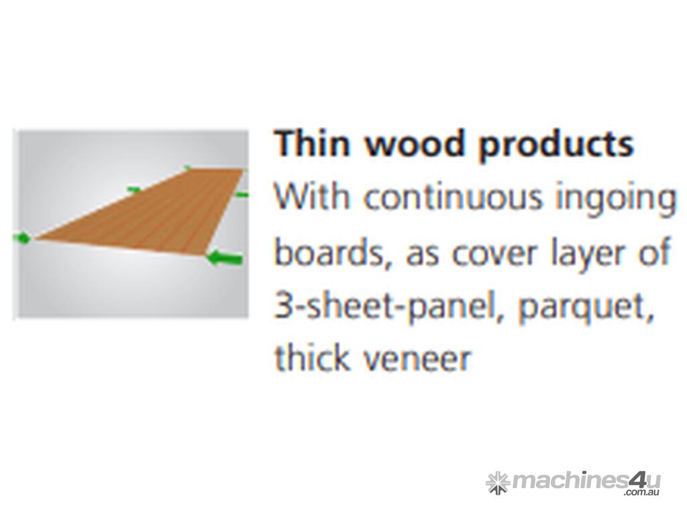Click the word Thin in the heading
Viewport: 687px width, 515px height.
[312, 143]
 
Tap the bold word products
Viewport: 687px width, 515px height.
[556, 146]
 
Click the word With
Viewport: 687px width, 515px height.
[313, 196]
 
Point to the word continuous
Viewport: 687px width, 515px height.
[453, 196]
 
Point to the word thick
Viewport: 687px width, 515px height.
[311, 357]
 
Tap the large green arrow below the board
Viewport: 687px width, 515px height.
[224, 258]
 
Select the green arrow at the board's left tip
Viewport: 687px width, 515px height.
[22, 238]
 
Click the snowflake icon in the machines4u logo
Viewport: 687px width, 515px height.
[498, 483]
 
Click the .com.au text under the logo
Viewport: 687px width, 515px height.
[643, 493]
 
